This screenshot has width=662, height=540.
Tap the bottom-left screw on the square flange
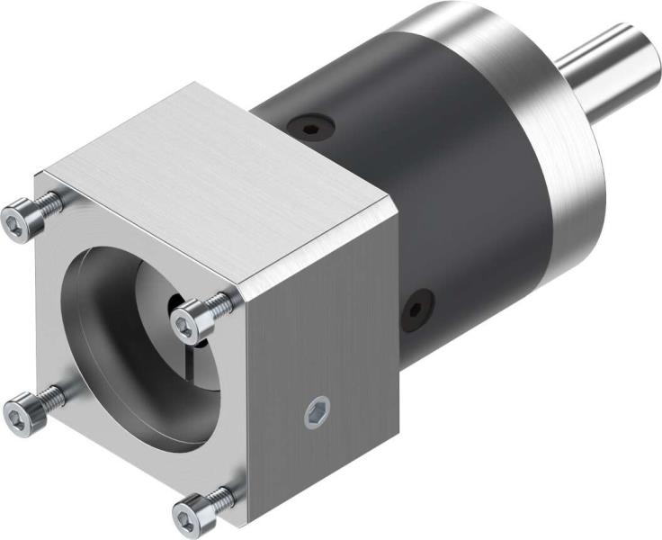coord(20,412)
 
